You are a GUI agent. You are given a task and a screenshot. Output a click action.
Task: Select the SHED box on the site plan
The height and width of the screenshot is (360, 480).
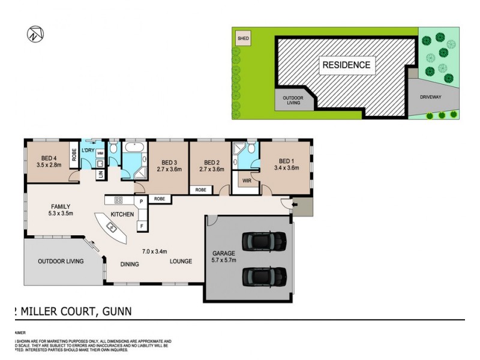243,39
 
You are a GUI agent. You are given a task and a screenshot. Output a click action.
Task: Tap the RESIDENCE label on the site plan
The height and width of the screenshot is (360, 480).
346,65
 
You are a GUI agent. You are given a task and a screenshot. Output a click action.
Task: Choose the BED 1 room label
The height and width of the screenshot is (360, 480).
286,164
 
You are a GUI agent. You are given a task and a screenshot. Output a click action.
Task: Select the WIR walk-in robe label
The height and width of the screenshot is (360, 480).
247,180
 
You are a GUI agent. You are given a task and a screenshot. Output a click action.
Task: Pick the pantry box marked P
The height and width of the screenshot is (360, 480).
141,202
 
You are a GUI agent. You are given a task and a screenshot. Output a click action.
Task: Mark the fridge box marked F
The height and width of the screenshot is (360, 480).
141,226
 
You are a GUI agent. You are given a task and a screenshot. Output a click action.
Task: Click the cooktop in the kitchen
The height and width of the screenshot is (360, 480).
118,200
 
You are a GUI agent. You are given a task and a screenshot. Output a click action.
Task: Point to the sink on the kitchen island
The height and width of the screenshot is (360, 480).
112,227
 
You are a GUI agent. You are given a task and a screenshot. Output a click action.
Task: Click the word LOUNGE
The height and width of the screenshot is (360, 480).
181,262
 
